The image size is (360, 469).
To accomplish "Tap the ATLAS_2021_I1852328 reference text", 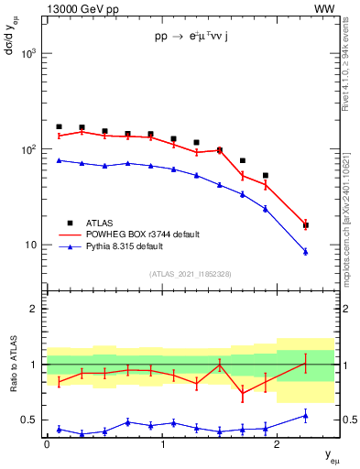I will point(190,274).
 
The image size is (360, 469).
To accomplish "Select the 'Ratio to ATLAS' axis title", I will point(12,365).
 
